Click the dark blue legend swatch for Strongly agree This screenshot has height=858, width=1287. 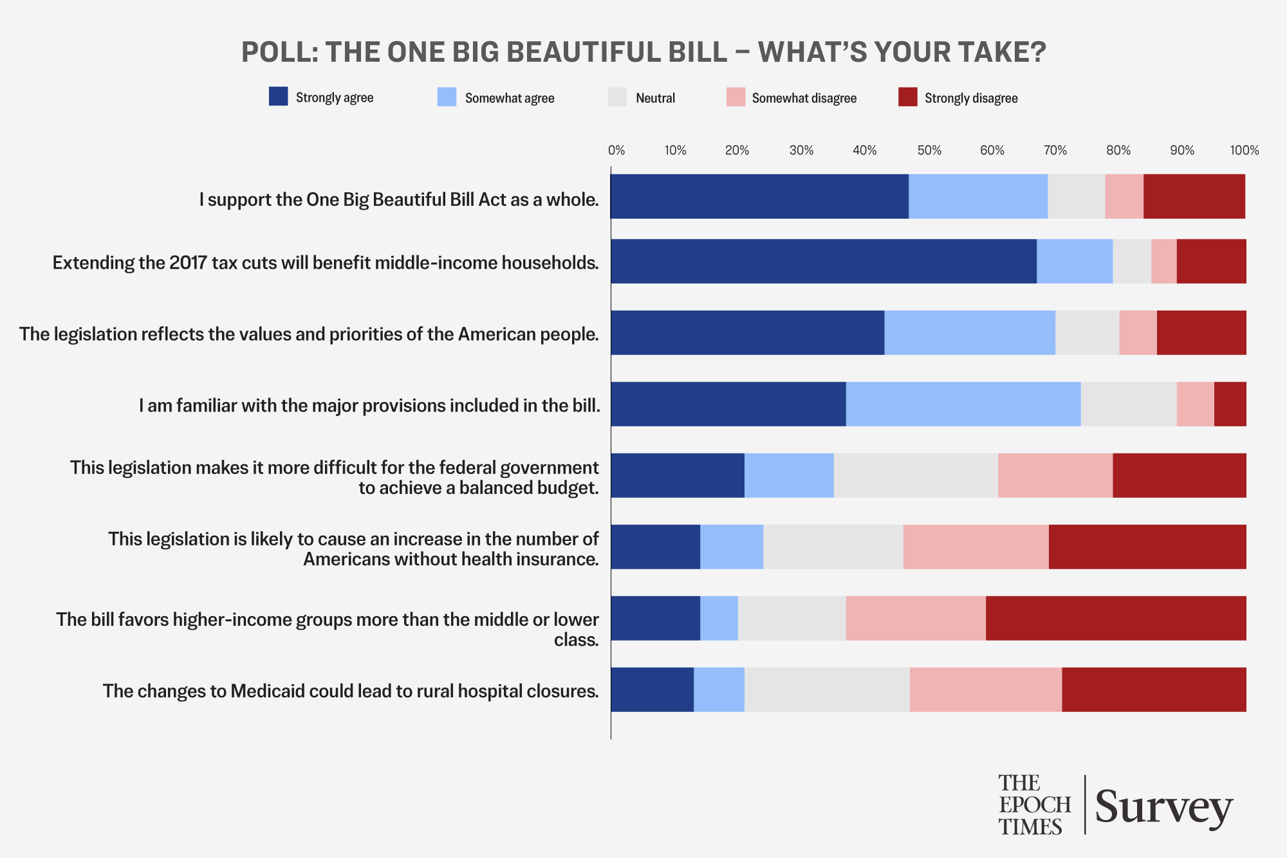coord(278,96)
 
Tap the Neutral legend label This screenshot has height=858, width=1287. coord(655,98)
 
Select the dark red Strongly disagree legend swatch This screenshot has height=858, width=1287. coord(907,97)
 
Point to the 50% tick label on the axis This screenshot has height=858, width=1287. coord(929,151)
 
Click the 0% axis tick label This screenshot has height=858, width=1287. coord(616,151)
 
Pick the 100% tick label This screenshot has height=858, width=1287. coord(1245,151)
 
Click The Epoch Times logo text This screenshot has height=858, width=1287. coord(1034,805)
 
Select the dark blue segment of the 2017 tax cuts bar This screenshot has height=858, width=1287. coord(824,261)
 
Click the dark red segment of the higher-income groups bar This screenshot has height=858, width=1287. coord(1116,618)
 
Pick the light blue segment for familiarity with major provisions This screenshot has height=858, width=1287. coord(963,404)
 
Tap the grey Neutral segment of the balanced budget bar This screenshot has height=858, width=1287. coord(916,475)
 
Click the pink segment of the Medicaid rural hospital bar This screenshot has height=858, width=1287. coord(986,689)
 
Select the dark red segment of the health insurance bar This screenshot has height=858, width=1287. coord(1147,547)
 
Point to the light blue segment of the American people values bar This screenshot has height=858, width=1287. coord(970,333)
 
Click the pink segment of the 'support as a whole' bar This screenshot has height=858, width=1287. coord(1124,196)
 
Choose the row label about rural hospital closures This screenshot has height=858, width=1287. coord(351,691)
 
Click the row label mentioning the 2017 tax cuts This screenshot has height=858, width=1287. coord(326,263)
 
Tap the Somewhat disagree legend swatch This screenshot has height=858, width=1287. coord(736,97)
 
